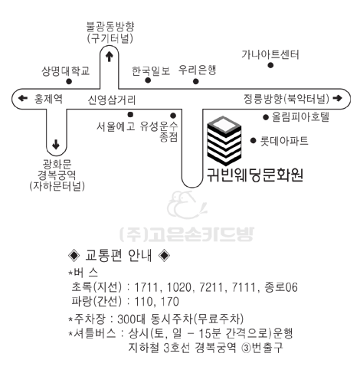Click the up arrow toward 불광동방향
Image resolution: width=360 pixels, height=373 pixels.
click(x=110, y=57)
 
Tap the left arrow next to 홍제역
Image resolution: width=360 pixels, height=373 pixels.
click(x=23, y=98)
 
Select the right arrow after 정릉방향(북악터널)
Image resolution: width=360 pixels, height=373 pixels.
click(x=338, y=98)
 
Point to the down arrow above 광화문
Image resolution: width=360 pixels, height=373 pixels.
click(x=56, y=145)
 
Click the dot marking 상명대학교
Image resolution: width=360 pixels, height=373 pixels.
click(x=69, y=82)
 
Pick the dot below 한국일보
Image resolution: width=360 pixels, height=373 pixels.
click(x=148, y=80)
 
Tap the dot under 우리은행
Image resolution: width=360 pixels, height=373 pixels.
click(x=196, y=81)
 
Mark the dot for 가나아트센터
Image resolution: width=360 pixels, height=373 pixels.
click(x=270, y=65)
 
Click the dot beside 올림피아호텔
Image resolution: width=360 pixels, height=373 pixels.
click(x=266, y=117)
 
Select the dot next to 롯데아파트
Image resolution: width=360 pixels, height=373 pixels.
click(x=253, y=140)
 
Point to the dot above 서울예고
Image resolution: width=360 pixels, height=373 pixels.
click(x=130, y=115)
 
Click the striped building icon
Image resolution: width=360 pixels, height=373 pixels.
click(x=224, y=140)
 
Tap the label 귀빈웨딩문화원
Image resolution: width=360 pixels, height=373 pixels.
click(x=255, y=175)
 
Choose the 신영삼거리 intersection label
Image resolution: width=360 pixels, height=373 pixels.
click(x=112, y=100)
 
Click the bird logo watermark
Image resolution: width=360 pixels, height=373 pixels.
click(x=187, y=205)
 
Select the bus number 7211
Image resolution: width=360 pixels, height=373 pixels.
click(x=211, y=287)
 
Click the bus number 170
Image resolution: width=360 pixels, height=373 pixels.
click(x=170, y=302)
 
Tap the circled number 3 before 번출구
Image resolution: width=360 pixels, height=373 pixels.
click(x=246, y=348)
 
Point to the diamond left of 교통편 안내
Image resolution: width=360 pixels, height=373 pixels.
click(x=74, y=255)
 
